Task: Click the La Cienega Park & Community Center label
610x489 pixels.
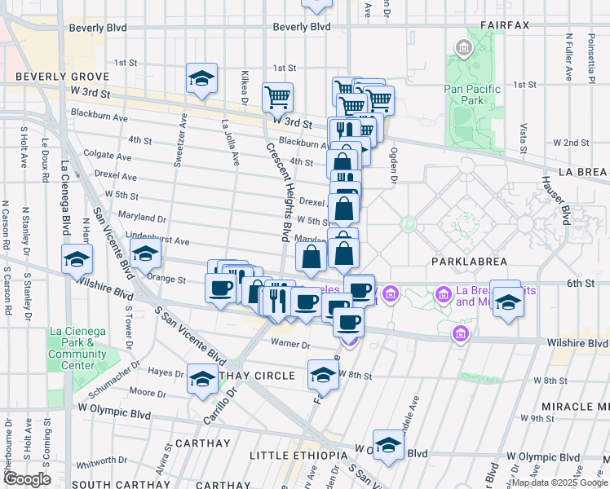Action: [x=77, y=348]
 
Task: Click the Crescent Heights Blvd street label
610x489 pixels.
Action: [x=277, y=191]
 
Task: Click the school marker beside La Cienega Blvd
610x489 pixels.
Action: [x=77, y=260]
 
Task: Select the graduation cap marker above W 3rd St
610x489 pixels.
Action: [x=201, y=79]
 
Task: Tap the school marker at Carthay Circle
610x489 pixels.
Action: [x=202, y=379]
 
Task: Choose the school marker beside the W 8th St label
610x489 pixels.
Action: [x=323, y=376]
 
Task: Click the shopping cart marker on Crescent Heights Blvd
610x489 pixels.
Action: [x=277, y=97]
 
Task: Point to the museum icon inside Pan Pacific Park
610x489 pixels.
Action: [x=463, y=49]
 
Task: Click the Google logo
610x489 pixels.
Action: [x=27, y=478]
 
